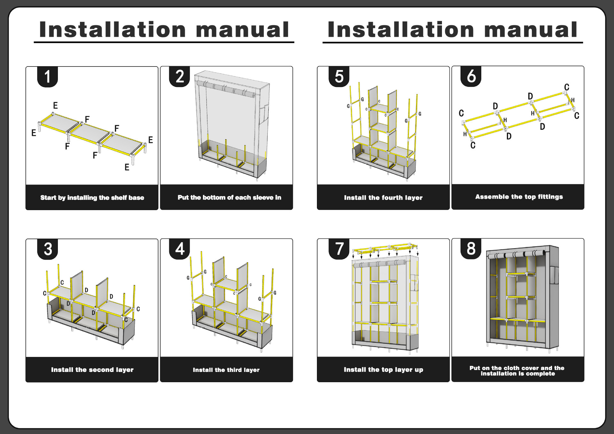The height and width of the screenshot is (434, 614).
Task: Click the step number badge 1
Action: point(47,77)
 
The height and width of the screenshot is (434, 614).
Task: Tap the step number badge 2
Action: point(180,77)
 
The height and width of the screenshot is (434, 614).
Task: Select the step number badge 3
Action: point(48,249)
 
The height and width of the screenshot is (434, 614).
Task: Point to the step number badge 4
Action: point(180,249)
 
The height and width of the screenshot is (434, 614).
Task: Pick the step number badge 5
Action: point(339,77)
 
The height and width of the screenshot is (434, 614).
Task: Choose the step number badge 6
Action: point(471,76)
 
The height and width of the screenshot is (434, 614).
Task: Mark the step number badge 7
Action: point(339,249)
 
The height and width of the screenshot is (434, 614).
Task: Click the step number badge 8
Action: point(471,249)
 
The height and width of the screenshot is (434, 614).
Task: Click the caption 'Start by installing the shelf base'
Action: point(92,198)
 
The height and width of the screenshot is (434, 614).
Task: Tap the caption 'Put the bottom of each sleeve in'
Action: point(229,197)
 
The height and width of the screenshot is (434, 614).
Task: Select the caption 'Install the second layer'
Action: point(92,370)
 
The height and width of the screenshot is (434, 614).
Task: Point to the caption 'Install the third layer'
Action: point(226,370)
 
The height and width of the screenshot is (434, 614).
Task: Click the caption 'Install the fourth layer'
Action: point(383,198)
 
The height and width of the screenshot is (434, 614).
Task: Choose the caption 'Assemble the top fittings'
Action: point(519,197)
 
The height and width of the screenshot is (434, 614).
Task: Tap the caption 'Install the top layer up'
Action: point(383,370)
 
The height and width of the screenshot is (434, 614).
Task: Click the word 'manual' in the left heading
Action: point(242,30)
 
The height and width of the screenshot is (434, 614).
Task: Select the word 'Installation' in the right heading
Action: point(401,30)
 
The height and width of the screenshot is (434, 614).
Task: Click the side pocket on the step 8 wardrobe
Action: point(554,275)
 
